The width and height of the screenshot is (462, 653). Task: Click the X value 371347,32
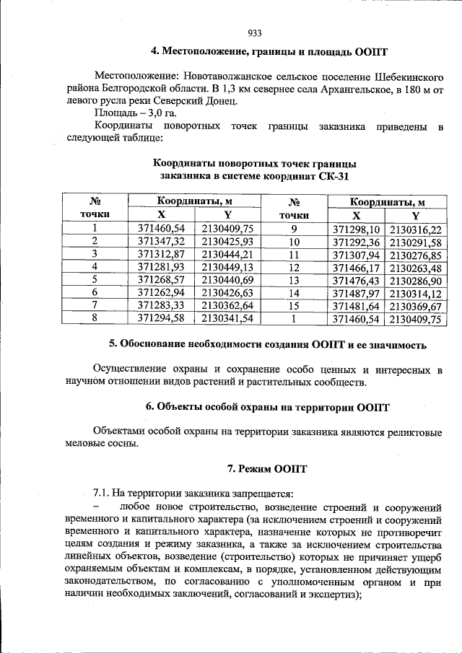[161, 241]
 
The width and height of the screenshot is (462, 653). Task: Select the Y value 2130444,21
[227, 254]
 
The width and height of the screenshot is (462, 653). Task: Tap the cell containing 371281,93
[161, 266]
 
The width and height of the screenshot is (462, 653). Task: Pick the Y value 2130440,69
[227, 279]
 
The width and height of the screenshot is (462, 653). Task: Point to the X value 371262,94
[161, 292]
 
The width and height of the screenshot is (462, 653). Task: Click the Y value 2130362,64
[227, 304]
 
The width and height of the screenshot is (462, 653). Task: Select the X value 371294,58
[161, 317]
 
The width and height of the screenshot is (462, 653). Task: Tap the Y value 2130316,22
[415, 229]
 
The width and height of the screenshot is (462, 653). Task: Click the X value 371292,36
[355, 241]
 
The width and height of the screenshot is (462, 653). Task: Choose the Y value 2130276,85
[415, 254]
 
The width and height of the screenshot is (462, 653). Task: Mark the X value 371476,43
[355, 279]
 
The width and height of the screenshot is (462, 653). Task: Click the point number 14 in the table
[293, 292]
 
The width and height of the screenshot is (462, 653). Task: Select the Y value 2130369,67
[415, 304]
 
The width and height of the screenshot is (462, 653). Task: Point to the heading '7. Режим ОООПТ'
[267, 469]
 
